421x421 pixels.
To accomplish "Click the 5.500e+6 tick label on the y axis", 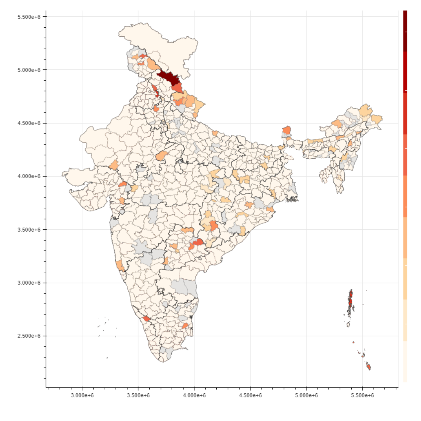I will coord(30,17).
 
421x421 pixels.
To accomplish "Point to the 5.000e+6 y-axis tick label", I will coord(30,70).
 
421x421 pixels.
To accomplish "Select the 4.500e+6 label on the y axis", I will coord(30,123).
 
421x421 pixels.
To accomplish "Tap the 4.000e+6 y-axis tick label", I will coord(30,176).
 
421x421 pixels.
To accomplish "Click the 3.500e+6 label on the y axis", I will coord(30,230).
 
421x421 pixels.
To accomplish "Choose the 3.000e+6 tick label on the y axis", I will coord(30,283).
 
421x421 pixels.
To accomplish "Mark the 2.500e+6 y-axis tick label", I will coord(30,336).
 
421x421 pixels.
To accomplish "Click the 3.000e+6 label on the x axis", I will coord(82,396).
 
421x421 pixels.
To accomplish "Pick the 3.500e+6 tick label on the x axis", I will coord(138,396).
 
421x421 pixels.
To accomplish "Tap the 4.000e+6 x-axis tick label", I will coord(194,396).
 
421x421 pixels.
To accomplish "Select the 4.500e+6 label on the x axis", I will coord(250,396).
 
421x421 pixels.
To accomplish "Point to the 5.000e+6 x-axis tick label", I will coord(306,396).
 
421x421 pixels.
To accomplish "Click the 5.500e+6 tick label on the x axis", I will coord(363,396).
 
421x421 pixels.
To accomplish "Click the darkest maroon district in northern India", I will coord(168,78).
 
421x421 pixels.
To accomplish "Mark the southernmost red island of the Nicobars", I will coord(368,367).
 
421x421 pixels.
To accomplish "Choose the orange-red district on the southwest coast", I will coord(147,319).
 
